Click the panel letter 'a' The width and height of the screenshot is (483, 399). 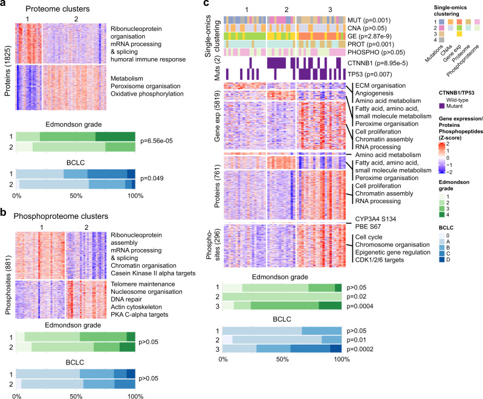pyautogui.click(x=4, y=5)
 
